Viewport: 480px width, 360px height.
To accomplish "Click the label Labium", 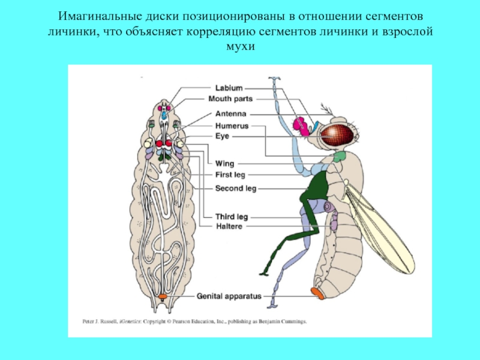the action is [229, 88].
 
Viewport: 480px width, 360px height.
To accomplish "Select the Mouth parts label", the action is [230, 98].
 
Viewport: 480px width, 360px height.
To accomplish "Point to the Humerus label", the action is [232, 126].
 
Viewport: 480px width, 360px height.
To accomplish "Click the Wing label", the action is [224, 163].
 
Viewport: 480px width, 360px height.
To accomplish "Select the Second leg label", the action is [235, 188].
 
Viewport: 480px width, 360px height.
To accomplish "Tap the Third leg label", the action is [232, 216].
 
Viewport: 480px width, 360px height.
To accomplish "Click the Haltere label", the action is [229, 226].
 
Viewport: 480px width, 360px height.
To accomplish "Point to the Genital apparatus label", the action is [229, 296].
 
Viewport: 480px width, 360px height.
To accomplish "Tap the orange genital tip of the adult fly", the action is [318, 293].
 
